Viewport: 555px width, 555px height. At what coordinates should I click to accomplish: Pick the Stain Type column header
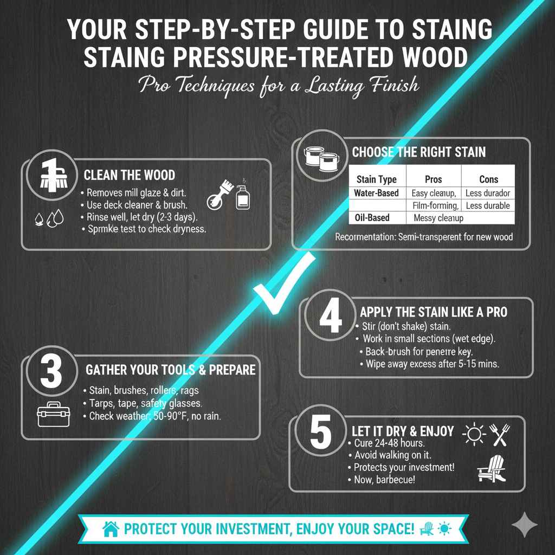click(376, 179)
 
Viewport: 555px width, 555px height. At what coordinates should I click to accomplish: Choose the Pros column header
click(433, 179)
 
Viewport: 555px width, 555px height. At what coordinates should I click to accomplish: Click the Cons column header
click(488, 179)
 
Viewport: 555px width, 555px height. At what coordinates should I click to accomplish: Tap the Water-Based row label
click(376, 193)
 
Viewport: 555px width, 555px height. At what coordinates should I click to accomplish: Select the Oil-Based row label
click(372, 218)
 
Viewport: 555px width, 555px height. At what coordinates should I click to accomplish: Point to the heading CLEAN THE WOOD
click(130, 175)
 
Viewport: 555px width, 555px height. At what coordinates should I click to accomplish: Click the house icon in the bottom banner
click(111, 529)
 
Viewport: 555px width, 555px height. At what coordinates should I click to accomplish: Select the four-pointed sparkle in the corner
click(524, 524)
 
